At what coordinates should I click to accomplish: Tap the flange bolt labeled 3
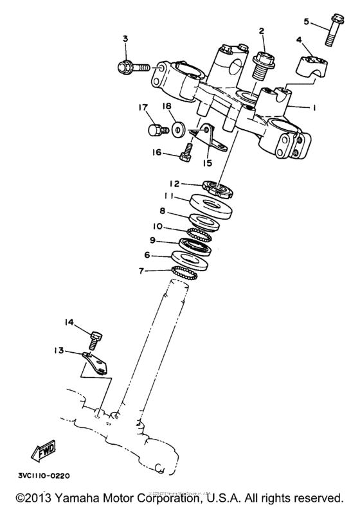click(x=134, y=66)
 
